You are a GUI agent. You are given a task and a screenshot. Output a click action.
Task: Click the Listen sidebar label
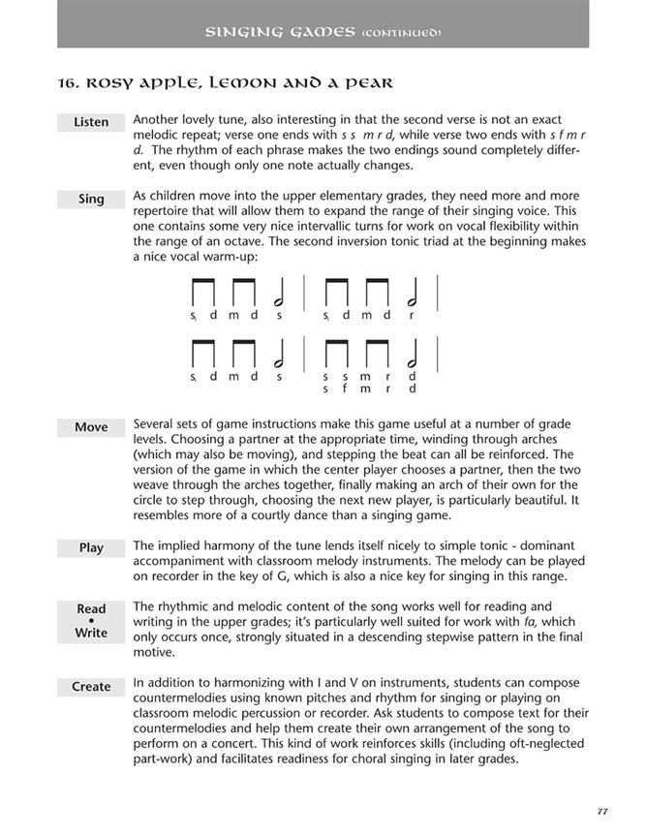pos(91,122)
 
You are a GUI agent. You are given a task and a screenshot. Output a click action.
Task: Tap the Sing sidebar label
pos(91,199)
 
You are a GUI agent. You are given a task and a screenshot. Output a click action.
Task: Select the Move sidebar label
pos(91,427)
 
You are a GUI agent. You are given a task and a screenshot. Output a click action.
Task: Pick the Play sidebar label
pos(91,547)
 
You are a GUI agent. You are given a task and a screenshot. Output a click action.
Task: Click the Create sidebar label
pos(91,686)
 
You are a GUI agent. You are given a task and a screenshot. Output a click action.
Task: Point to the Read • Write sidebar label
pos(91,620)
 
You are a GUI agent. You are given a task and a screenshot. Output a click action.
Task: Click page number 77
pos(601,811)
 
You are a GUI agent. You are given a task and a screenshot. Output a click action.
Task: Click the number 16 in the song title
pos(69,83)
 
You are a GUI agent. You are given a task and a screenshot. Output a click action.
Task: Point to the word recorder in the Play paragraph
pos(168,576)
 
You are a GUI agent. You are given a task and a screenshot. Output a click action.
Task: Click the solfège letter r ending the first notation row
pos(412,315)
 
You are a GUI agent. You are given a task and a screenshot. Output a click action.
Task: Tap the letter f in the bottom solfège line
pos(344,389)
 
